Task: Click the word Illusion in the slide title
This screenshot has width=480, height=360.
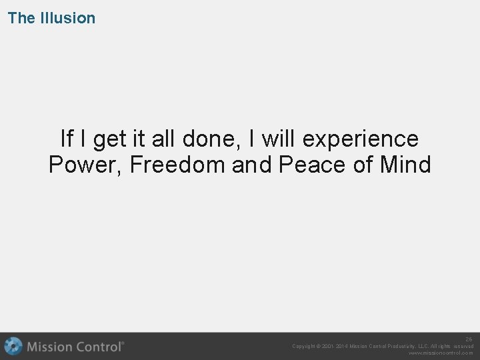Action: pos(68,18)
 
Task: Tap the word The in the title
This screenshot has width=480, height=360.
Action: pos(21,18)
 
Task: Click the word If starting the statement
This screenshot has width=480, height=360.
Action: pos(67,139)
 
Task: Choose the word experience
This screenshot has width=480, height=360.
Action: pos(361,140)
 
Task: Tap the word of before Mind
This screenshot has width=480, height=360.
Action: pos(362,164)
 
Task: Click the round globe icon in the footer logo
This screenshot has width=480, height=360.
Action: pos(13,347)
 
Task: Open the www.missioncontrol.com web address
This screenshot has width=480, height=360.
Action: pos(441,353)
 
